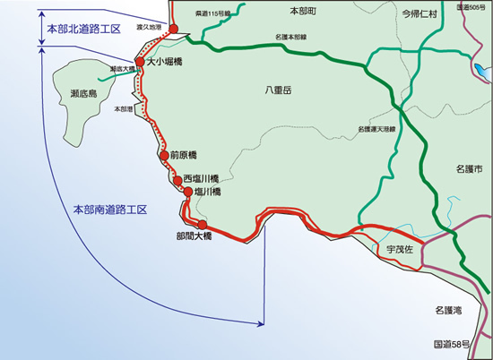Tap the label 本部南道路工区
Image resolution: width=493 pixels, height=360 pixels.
pos(109,210)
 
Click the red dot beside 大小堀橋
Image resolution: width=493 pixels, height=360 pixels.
pos(140,63)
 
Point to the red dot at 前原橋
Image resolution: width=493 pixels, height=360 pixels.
pos(163,156)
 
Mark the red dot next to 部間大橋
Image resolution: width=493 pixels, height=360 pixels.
pos(202,225)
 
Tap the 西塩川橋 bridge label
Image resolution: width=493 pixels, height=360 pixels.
pos(203,178)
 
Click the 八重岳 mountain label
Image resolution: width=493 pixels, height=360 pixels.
pos(279,91)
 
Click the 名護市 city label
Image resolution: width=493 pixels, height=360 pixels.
pos(468,168)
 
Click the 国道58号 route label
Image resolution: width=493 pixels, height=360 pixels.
pos(452,344)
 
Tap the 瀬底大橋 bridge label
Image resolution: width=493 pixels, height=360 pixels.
pos(122,68)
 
